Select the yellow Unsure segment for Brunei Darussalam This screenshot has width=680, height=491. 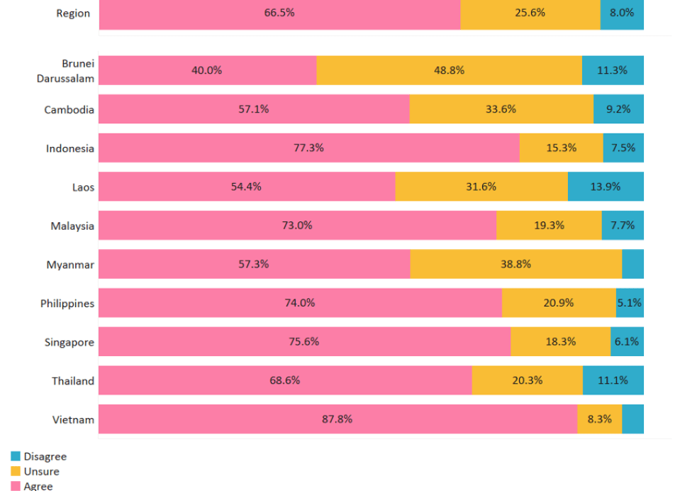[449, 70]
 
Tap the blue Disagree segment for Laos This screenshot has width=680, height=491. [606, 187]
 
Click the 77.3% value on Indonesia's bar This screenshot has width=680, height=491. [308, 148]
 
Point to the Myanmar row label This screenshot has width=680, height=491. [70, 265]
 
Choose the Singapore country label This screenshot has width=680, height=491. [69, 342]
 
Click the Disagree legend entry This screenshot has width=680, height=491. [45, 457]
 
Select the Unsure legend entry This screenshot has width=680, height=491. [41, 472]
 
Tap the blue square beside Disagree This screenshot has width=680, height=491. [15, 457]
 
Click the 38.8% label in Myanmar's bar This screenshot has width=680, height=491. [515, 264]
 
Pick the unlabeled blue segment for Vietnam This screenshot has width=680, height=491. [632, 419]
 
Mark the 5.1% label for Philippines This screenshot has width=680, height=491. [630, 303]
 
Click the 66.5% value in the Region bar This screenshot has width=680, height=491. [279, 13]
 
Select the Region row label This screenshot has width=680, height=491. [73, 13]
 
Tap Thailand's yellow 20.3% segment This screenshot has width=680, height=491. [527, 380]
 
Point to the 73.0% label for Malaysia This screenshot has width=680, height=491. [297, 226]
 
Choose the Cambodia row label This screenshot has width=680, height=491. [69, 110]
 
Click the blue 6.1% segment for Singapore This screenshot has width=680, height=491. [627, 341]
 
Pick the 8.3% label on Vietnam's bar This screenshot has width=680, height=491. [599, 419]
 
